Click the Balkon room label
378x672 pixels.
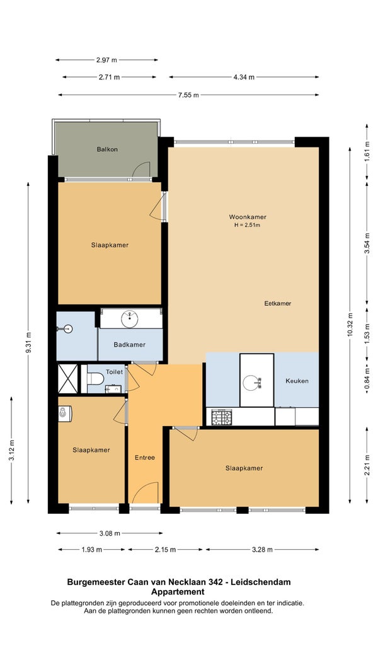107,149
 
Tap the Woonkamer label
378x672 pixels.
244,217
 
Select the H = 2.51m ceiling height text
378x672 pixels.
244,224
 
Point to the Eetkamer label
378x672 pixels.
277,303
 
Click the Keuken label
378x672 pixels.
297,381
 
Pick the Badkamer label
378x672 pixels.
129,345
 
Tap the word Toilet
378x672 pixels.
114,372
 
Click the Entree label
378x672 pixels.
145,458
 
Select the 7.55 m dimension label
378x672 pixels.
188,95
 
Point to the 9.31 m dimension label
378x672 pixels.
28,343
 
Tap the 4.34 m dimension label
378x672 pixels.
244,77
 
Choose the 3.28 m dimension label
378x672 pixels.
262,550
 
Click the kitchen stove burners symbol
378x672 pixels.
221,417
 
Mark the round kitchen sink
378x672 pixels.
251,382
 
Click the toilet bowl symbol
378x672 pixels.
95,379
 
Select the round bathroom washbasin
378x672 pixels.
129,318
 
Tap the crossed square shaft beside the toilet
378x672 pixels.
67,379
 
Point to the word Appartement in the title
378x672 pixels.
178,592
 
